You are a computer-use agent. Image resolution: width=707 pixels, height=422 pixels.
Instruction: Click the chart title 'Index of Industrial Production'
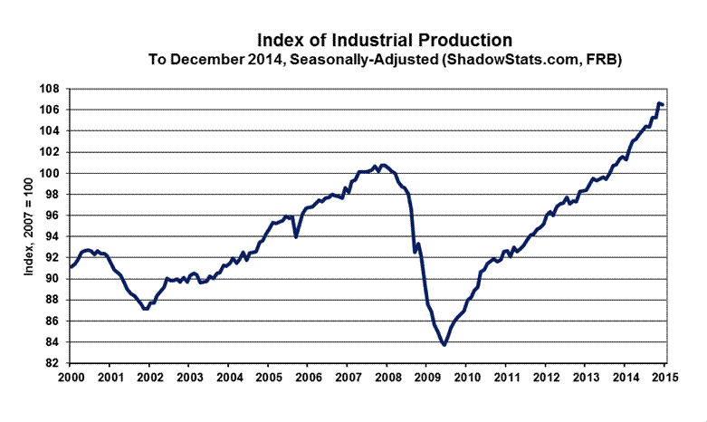pyautogui.click(x=385, y=41)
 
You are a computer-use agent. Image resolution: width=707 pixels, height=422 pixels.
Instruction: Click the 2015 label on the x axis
pyautogui.click(x=664, y=377)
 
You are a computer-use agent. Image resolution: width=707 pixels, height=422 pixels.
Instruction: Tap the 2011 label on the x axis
pyautogui.click(x=506, y=377)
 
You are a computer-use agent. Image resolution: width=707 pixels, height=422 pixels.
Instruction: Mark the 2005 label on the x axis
pyautogui.click(x=268, y=377)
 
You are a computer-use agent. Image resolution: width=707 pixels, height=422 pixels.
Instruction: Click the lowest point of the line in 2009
pyautogui.click(x=444, y=344)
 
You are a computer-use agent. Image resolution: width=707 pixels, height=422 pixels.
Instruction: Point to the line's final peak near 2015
pyautogui.click(x=659, y=103)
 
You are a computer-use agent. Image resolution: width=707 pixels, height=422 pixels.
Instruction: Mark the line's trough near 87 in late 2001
pyautogui.click(x=145, y=309)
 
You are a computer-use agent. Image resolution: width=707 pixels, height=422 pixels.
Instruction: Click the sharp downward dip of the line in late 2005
pyautogui.click(x=296, y=236)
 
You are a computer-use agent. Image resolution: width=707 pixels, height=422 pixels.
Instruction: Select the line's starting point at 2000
pyautogui.click(x=71, y=267)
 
